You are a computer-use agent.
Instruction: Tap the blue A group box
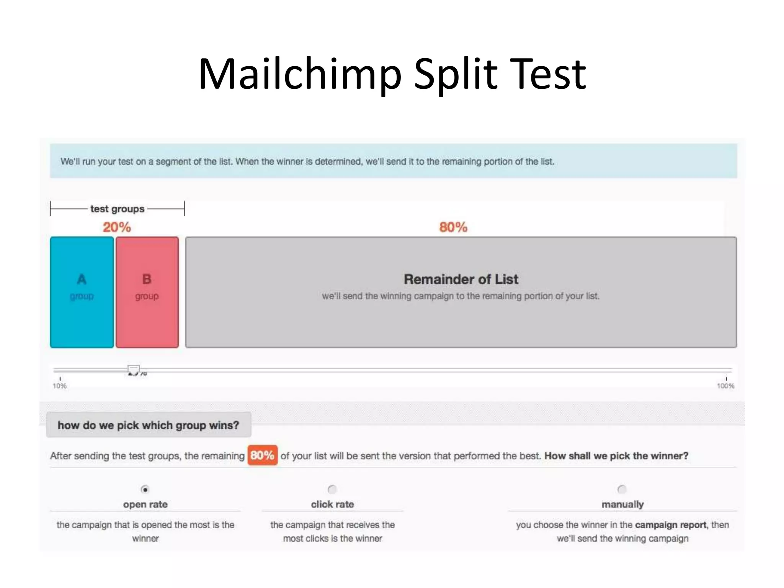[82, 292]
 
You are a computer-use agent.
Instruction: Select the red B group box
[147, 292]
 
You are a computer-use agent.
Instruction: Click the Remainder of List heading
[461, 279]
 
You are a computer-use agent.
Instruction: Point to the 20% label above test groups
[117, 227]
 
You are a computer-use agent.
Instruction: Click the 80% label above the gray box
[453, 227]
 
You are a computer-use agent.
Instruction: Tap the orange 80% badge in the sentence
[262, 455]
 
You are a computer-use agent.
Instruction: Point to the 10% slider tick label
[60, 386]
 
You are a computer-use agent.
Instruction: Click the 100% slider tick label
[725, 386]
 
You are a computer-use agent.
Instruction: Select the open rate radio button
[145, 489]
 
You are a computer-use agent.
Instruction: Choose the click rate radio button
[332, 489]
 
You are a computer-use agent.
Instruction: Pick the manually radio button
[622, 489]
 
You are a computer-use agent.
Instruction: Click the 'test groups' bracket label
[118, 209]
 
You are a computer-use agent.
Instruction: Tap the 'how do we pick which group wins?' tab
[148, 425]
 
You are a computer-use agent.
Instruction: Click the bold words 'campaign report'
[670, 525]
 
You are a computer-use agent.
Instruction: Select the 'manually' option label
[622, 504]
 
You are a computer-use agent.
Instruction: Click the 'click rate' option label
[332, 504]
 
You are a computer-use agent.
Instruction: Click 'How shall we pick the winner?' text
[616, 456]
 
